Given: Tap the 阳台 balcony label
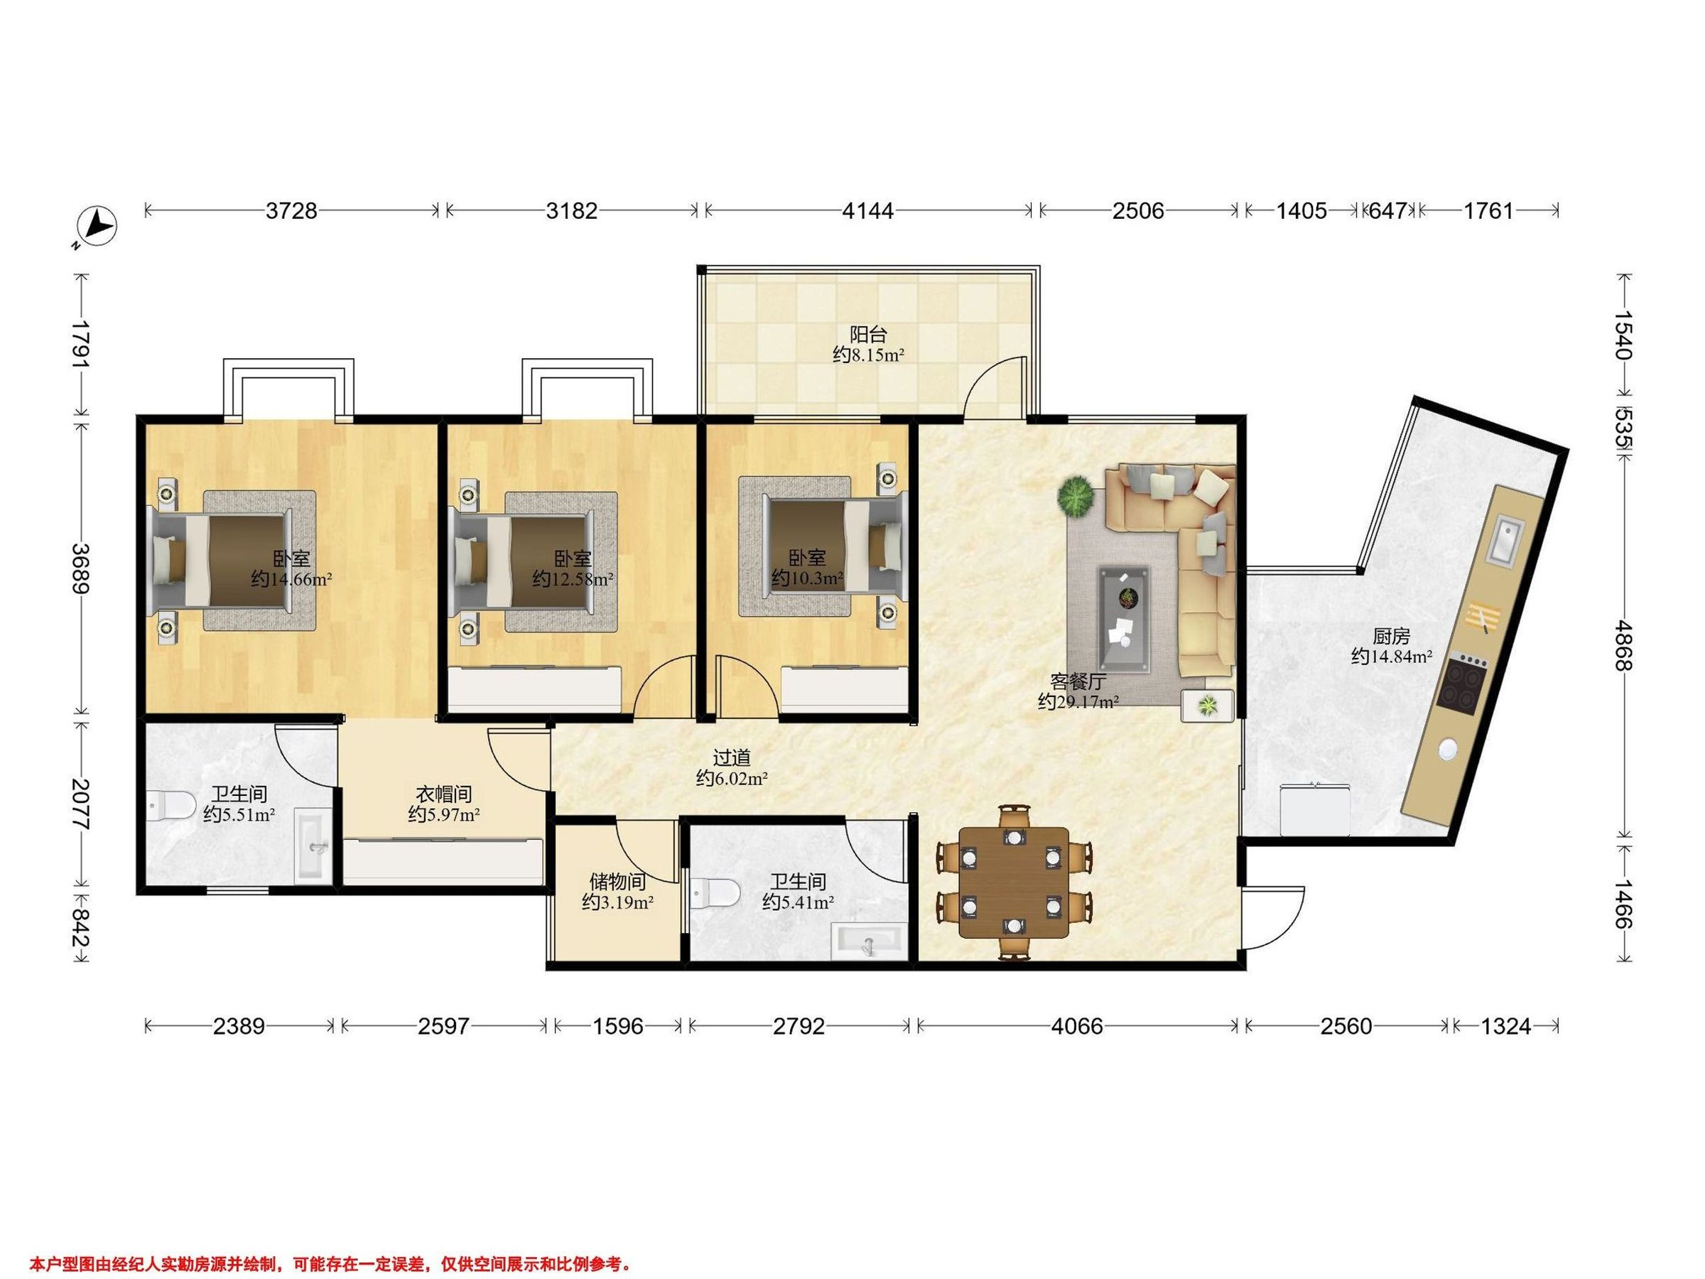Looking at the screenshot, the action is pos(868,335).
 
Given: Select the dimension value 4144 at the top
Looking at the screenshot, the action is pos(867,210).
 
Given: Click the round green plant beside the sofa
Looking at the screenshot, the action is pos(1076,496).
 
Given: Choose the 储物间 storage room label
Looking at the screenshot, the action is pos(617,881).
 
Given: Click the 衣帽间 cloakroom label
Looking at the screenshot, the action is pos(444,793).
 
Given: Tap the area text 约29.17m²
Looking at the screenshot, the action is pos(1078,701).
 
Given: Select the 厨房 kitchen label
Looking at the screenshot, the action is pos(1391,636).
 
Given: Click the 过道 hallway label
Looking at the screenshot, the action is pos(732,758).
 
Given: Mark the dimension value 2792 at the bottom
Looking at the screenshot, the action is pos(799,1026).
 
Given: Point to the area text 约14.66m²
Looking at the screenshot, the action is pos(291,579).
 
